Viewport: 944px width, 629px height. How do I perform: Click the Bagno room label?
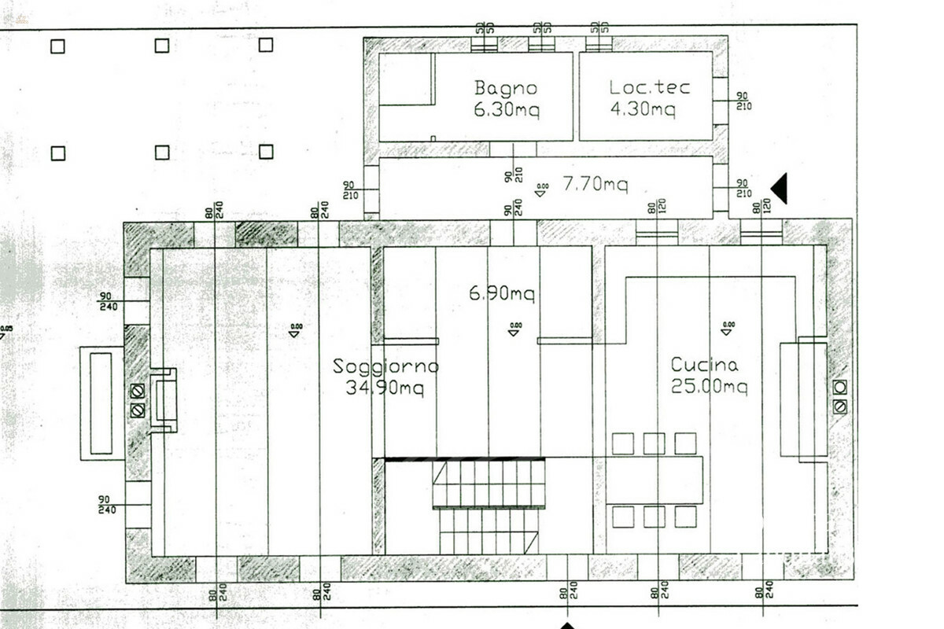505,87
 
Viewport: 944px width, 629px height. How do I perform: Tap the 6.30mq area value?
505,110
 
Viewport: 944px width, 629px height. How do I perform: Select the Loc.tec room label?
649,87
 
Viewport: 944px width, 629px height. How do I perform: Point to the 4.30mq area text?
643,110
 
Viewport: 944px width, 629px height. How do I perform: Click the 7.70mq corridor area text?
595,185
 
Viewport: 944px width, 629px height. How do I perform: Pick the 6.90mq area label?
501,294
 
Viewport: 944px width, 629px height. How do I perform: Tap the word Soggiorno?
385,366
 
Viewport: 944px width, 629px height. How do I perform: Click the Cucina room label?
704,365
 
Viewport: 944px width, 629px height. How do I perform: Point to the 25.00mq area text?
709,387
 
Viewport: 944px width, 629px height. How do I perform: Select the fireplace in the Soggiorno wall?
164,401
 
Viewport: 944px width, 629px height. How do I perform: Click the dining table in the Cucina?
655,480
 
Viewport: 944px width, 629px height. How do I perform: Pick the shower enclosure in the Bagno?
406,79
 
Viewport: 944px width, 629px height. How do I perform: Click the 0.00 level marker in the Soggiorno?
295,329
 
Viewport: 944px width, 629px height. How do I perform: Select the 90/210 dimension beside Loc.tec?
742,101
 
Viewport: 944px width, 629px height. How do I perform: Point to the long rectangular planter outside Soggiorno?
101,403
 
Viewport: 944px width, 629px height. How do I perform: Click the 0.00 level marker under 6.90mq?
514,329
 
